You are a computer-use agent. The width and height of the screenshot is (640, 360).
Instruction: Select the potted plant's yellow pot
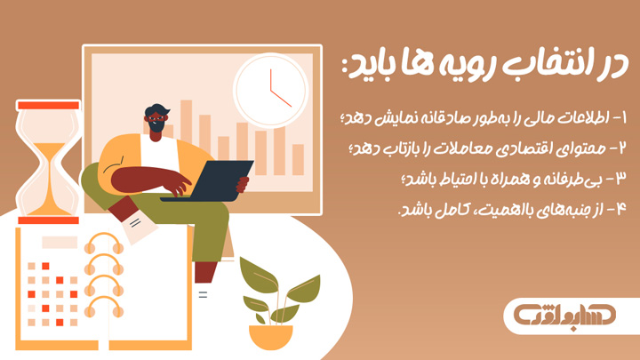click(x=270, y=337)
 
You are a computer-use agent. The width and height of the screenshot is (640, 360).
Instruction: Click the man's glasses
click(x=157, y=116)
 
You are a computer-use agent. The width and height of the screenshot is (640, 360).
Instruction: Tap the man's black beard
click(x=157, y=127)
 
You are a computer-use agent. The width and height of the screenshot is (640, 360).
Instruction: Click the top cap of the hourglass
click(x=48, y=104)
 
